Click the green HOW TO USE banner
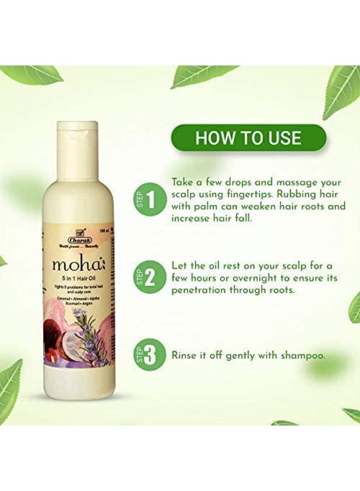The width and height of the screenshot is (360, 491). [248, 137]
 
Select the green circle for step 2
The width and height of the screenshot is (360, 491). [146, 278]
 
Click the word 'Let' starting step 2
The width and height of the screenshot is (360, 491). [179, 265]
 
